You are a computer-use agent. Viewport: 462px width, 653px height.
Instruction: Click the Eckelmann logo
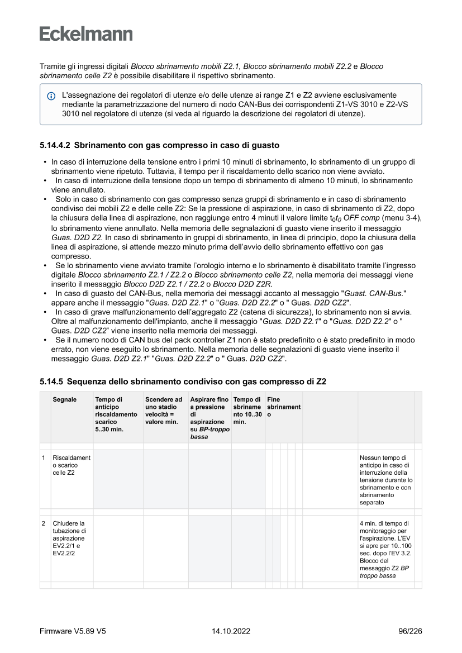click(86, 34)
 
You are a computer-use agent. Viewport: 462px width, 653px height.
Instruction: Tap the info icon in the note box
click(51, 96)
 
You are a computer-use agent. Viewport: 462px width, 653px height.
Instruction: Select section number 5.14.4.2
click(55, 145)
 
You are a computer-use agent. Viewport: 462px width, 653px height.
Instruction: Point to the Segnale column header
click(65, 400)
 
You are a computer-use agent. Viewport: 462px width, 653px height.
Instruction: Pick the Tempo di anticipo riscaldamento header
click(116, 414)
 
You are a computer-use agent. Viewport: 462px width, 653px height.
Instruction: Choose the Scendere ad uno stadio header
click(164, 411)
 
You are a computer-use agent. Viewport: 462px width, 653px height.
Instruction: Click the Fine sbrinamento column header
click(284, 407)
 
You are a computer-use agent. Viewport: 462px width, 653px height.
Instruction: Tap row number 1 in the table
click(44, 458)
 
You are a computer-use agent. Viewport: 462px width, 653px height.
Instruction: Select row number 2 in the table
click(44, 523)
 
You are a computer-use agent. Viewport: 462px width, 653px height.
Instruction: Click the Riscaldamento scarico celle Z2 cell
click(72, 465)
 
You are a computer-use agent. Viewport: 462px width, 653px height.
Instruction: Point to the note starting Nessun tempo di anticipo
click(385, 480)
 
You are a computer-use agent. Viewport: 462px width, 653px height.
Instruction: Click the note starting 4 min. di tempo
click(385, 549)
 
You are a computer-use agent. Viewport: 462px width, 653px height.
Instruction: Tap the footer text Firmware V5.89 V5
click(73, 631)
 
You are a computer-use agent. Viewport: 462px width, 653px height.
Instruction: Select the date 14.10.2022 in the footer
click(231, 631)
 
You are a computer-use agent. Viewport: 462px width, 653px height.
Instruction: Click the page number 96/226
click(410, 631)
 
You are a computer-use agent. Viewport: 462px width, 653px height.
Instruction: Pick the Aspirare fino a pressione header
click(209, 418)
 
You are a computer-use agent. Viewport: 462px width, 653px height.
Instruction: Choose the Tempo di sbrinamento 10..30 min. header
click(247, 411)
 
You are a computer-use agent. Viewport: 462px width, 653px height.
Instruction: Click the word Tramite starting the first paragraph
click(53, 66)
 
